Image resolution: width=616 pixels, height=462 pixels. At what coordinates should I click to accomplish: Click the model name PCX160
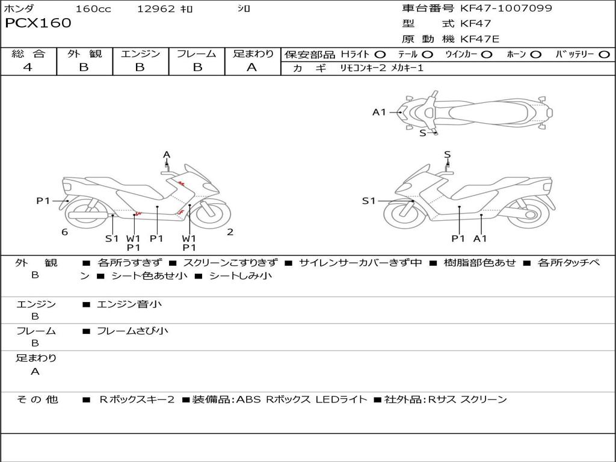click(x=38, y=23)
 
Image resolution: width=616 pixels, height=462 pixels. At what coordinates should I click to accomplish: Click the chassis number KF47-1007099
click(x=506, y=8)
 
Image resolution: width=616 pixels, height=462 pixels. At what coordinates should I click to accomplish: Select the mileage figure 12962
click(x=156, y=8)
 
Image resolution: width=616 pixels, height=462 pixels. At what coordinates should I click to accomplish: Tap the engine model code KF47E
click(x=479, y=39)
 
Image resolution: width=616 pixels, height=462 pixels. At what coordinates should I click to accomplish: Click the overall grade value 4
click(x=28, y=67)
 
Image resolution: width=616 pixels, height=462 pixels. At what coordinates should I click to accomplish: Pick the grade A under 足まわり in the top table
click(x=252, y=67)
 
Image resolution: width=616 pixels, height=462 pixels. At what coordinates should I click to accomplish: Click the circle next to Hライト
click(x=380, y=55)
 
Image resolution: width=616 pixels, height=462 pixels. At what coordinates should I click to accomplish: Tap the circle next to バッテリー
click(x=605, y=55)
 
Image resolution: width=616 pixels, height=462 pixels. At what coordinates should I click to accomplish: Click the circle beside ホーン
click(x=536, y=55)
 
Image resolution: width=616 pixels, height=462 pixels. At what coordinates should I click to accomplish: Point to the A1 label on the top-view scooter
click(x=379, y=112)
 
